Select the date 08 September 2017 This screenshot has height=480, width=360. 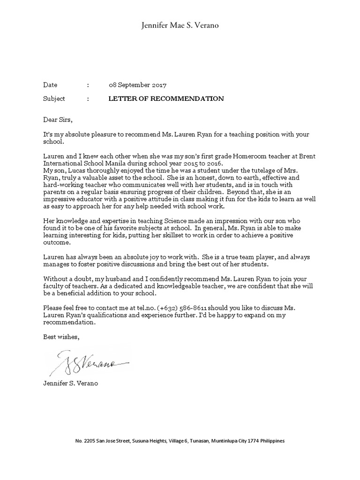click(x=137, y=85)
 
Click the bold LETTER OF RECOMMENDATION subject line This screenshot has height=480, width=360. click(x=166, y=99)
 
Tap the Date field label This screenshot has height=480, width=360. click(x=50, y=85)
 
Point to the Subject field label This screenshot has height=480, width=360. click(x=54, y=99)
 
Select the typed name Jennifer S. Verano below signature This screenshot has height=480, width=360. click(x=71, y=383)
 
